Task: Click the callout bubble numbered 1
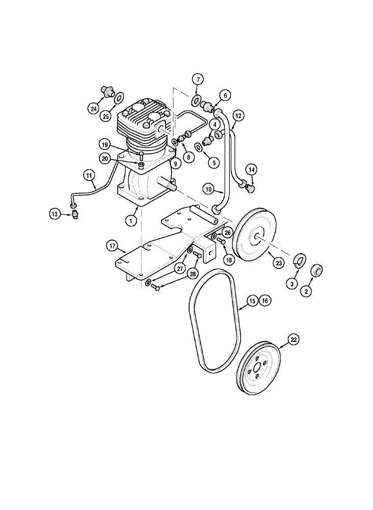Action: [x=131, y=221]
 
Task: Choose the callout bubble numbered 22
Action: [x=294, y=338]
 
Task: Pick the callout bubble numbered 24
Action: [x=93, y=108]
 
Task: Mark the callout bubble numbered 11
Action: [x=90, y=176]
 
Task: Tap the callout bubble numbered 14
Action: [x=251, y=169]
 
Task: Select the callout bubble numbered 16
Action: [x=265, y=301]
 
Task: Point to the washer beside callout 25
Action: [x=118, y=97]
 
